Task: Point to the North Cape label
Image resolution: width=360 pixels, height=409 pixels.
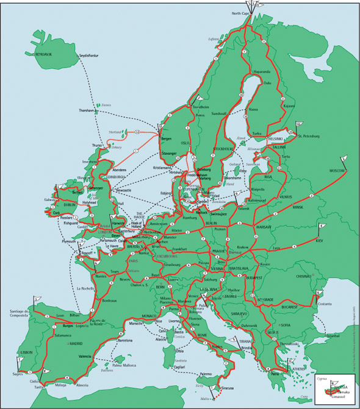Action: click(x=241, y=13)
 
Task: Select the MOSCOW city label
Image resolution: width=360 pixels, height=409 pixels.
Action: click(x=336, y=172)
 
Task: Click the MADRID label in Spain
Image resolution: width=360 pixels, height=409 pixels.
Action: click(x=76, y=344)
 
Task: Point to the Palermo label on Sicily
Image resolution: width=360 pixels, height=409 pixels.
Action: click(x=206, y=374)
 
